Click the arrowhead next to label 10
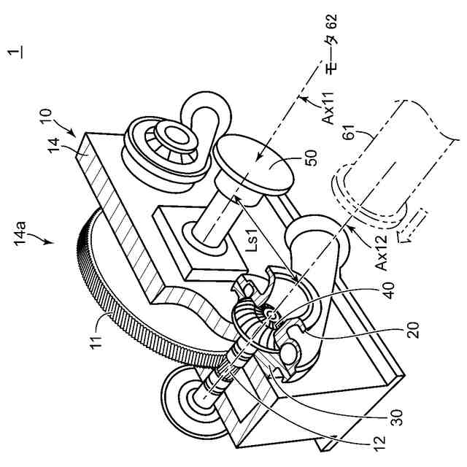tap(75, 134)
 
